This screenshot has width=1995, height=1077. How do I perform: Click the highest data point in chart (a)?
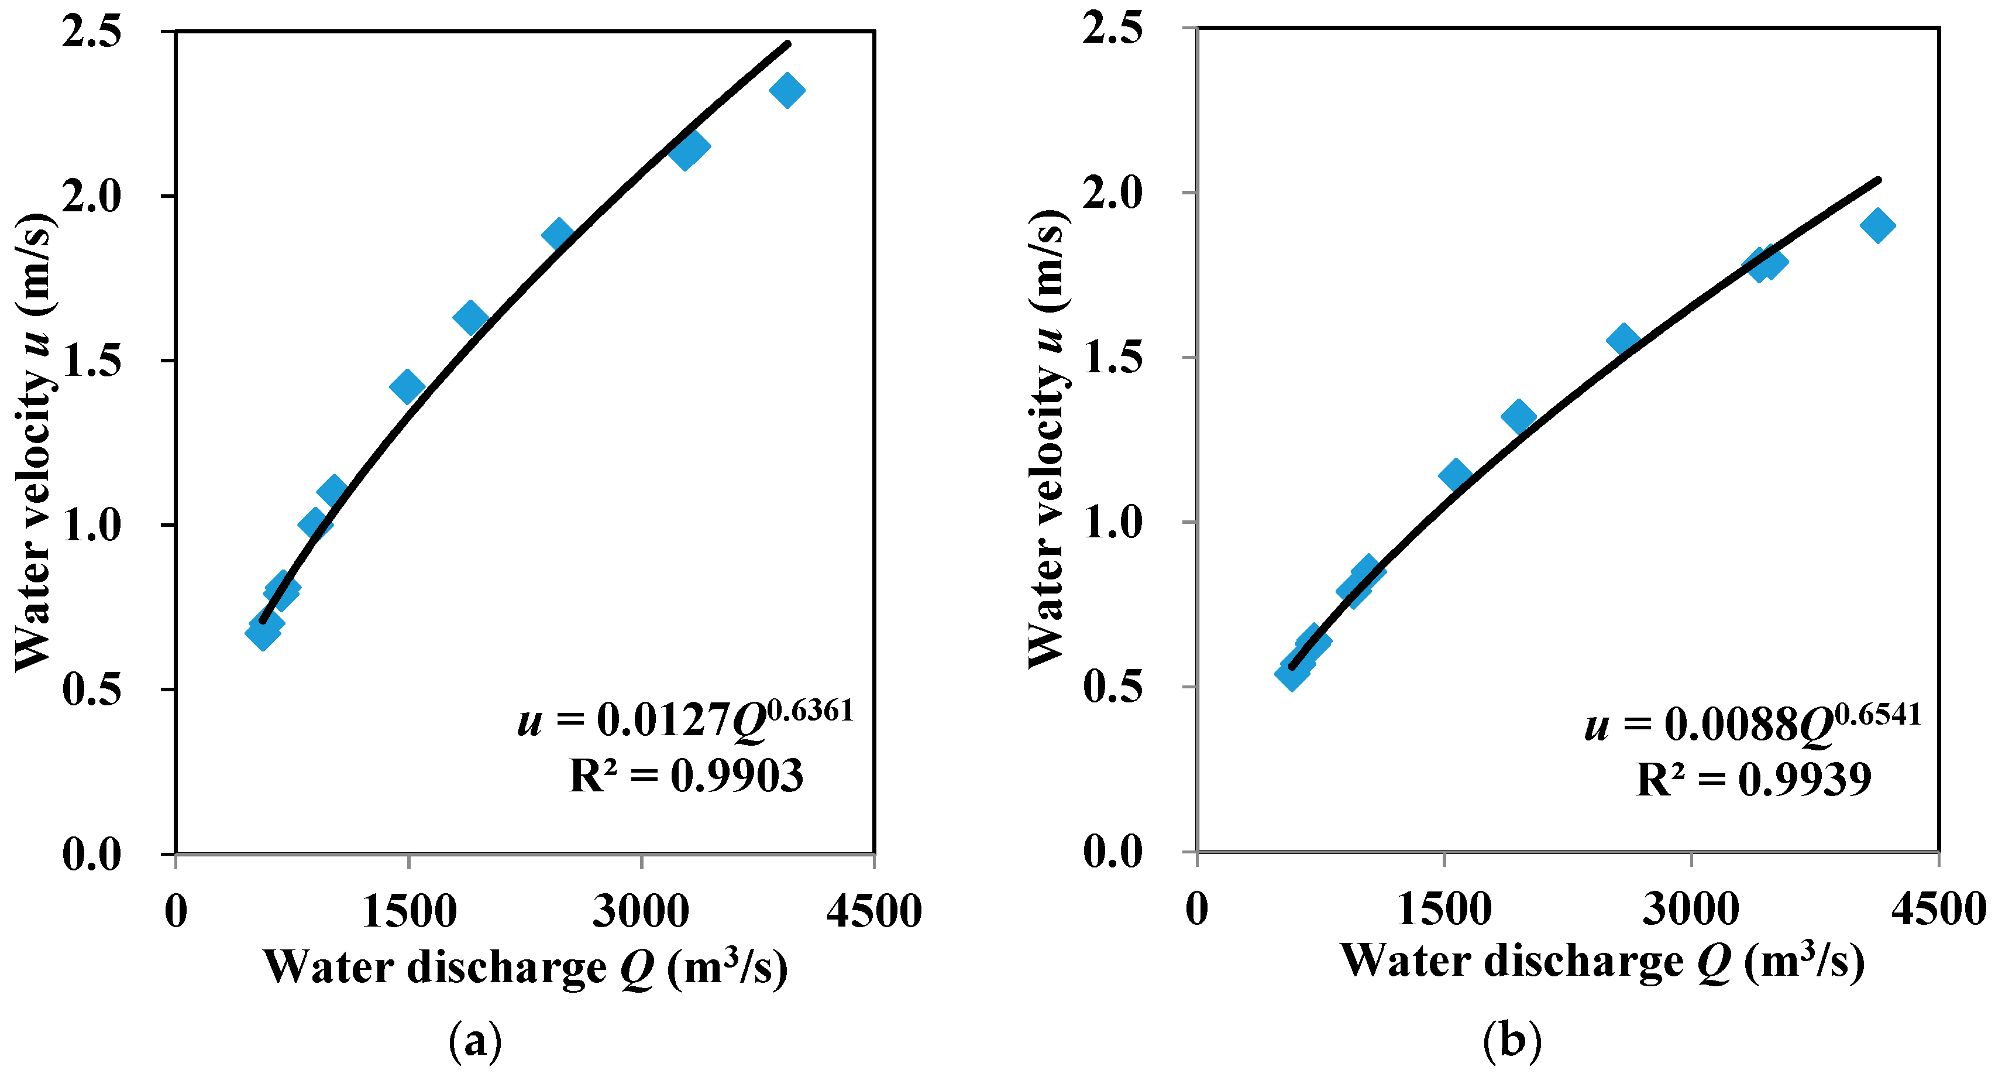(x=787, y=91)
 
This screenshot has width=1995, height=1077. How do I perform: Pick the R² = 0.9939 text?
(x=1753, y=780)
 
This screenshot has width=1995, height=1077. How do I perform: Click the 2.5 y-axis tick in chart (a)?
(x=91, y=33)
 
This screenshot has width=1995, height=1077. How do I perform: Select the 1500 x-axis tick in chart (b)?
(x=1443, y=910)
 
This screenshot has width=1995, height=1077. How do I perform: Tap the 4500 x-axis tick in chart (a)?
(x=873, y=912)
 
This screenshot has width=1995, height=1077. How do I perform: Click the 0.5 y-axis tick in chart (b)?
(x=1112, y=687)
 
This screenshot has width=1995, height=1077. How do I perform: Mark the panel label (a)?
(x=474, y=1041)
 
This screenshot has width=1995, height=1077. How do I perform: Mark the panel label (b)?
(x=1512, y=1041)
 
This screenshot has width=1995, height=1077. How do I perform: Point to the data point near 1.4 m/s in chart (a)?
(x=407, y=386)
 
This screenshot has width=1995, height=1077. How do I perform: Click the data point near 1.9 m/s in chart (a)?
(x=558, y=234)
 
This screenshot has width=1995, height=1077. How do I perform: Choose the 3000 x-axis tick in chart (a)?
(x=641, y=912)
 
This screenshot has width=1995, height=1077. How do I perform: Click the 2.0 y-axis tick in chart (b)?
(x=1112, y=193)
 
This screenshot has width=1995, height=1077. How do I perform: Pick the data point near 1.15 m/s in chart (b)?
(x=1455, y=474)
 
